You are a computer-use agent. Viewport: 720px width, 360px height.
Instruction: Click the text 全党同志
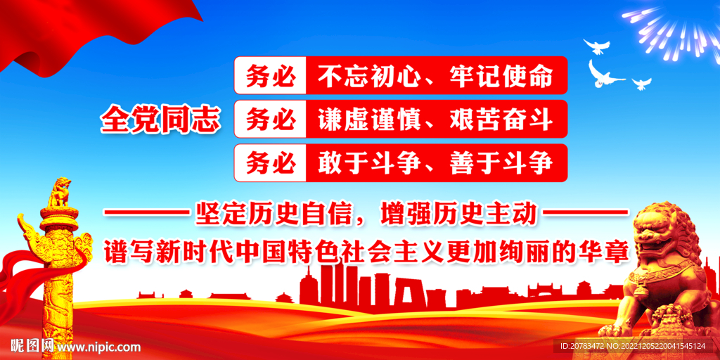tap(160, 120)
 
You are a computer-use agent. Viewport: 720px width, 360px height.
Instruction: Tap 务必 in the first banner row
tap(271, 75)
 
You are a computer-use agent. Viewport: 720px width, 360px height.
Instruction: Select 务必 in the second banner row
tap(271, 119)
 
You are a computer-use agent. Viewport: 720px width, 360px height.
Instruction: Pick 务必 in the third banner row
tap(271, 163)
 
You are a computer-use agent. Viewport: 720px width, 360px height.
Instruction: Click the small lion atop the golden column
tap(59, 192)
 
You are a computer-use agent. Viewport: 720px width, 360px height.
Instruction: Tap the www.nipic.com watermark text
tap(98, 347)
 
